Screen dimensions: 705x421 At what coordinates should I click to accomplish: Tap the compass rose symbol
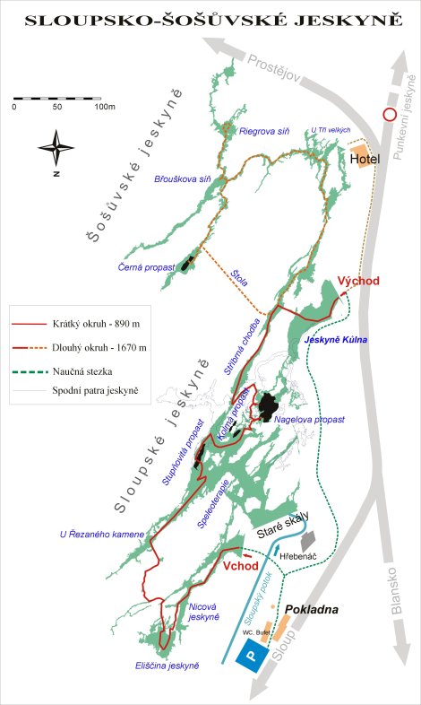(56, 144)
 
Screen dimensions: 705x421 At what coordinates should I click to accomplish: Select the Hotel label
(365, 160)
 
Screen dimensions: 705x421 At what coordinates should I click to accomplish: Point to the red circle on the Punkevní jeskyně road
(389, 115)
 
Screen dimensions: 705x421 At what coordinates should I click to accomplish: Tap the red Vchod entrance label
(240, 566)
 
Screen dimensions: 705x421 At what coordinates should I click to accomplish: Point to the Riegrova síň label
(265, 131)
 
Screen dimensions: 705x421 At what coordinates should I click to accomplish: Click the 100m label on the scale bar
(105, 107)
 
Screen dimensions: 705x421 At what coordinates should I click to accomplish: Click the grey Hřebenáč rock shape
(309, 541)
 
